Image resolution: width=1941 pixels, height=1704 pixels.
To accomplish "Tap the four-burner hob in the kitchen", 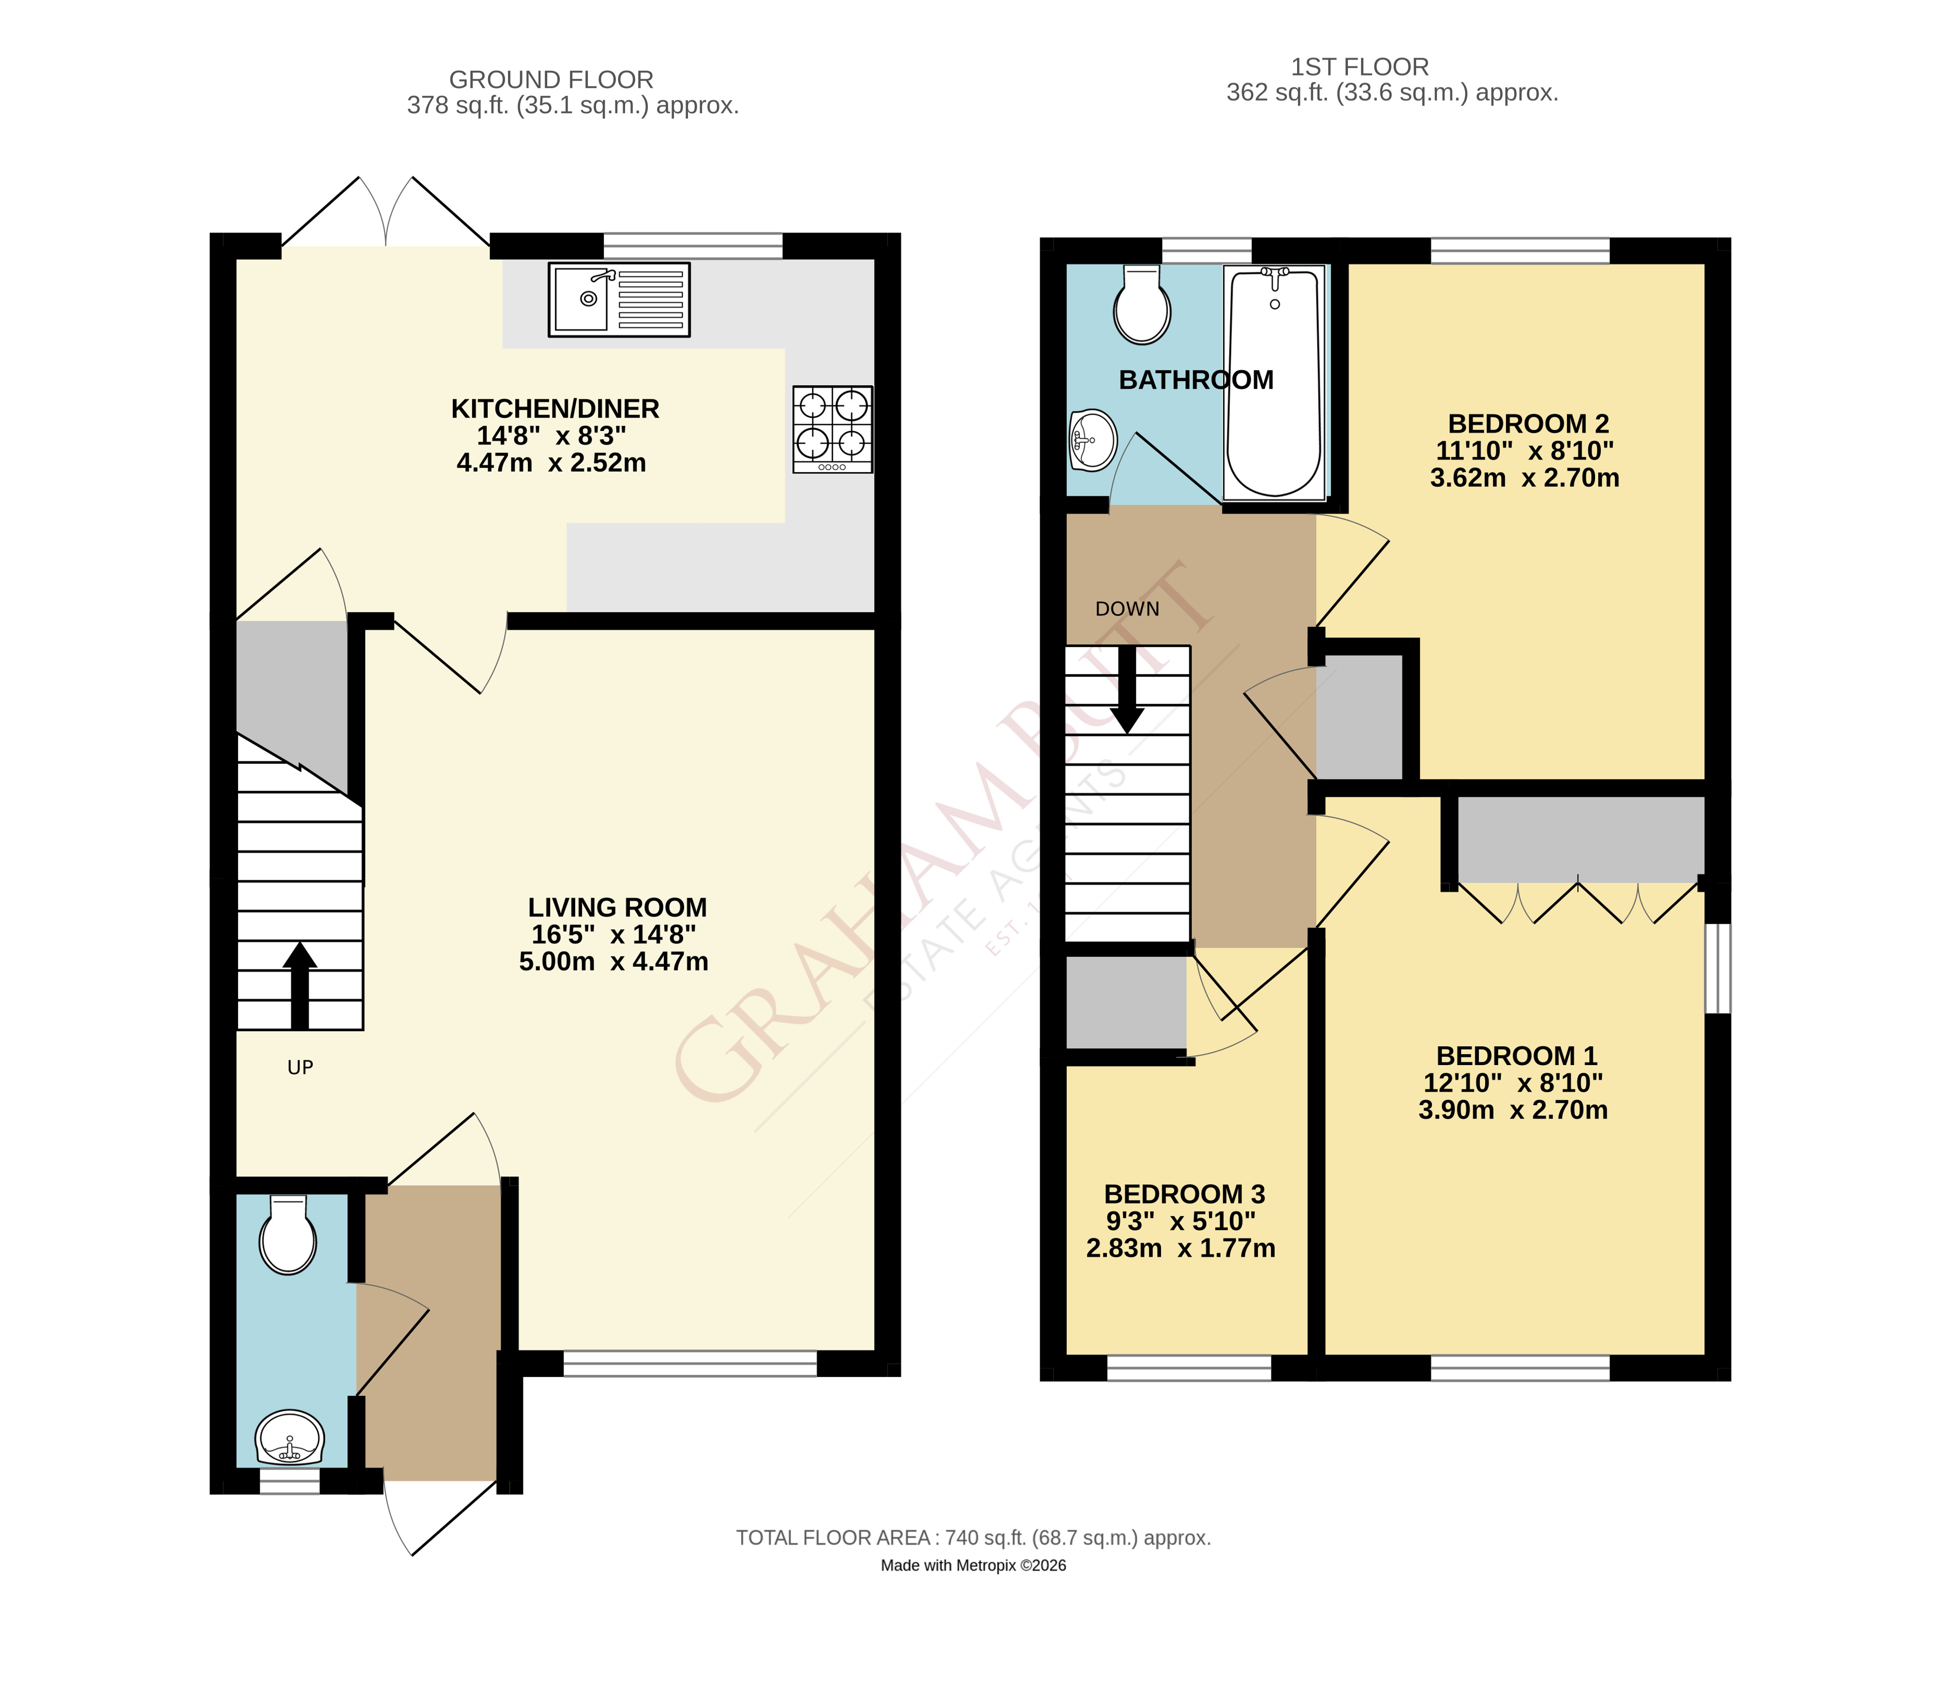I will [x=833, y=429].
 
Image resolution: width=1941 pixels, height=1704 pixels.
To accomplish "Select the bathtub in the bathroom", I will [x=1274, y=383].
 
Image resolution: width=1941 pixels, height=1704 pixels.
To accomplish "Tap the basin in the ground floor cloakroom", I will [x=290, y=1438].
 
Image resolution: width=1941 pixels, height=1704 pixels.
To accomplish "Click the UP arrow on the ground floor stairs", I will [x=300, y=985].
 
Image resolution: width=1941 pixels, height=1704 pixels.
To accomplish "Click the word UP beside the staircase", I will [x=300, y=1068].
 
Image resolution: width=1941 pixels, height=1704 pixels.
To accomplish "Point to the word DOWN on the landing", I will [x=1127, y=609].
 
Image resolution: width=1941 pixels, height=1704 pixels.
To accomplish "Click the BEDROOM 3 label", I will [x=1184, y=1194].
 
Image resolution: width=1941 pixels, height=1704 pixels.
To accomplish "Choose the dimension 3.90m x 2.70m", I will [x=1513, y=1110].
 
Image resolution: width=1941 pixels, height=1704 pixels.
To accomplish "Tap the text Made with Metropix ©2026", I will [x=973, y=1565].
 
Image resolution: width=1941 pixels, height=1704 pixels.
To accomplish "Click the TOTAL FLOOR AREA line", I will [x=973, y=1538].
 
